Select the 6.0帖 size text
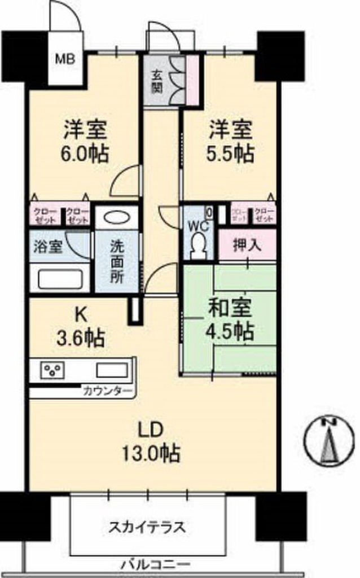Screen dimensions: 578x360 pos(86,154)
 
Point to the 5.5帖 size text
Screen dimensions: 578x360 pos(231,153)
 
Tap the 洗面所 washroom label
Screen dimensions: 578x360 pos(117,262)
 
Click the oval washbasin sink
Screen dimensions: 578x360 pos(117,218)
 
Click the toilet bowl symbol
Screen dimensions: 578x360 pos(198,246)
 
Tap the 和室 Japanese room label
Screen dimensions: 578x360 pos(231,309)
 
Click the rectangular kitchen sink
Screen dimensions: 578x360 pos(111,371)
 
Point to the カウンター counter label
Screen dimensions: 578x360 pos(107,391)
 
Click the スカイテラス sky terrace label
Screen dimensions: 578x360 pos(147,528)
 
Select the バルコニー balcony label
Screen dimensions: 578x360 pos(155,564)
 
